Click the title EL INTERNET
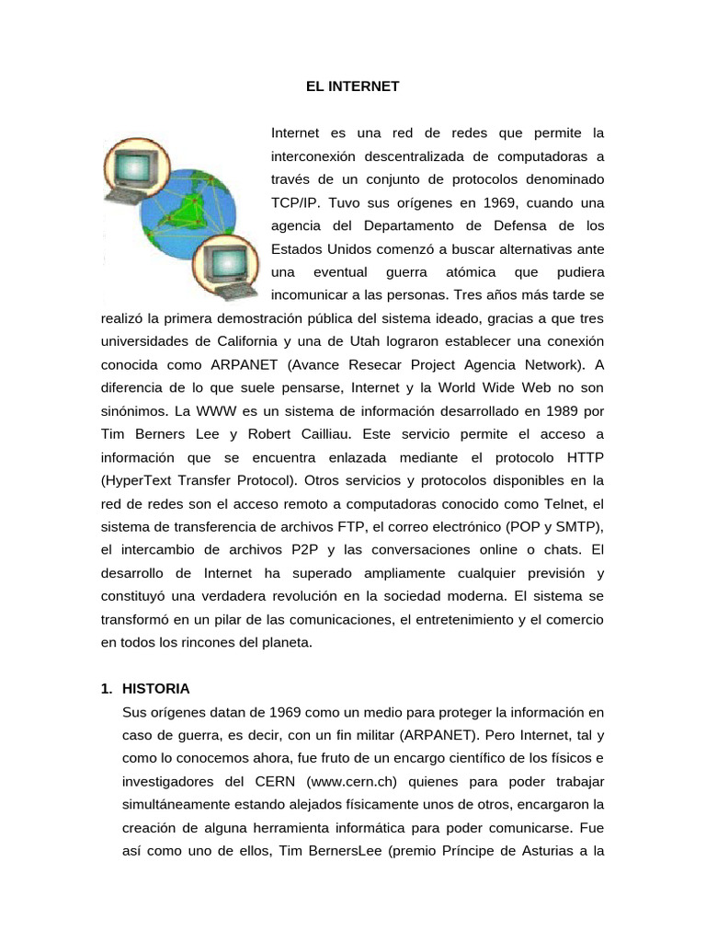pos(353,86)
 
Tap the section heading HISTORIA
pos(155,688)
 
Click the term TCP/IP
pos(297,202)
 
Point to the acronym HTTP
pos(583,456)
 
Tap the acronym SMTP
pos(577,526)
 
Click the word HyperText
pos(143,480)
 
